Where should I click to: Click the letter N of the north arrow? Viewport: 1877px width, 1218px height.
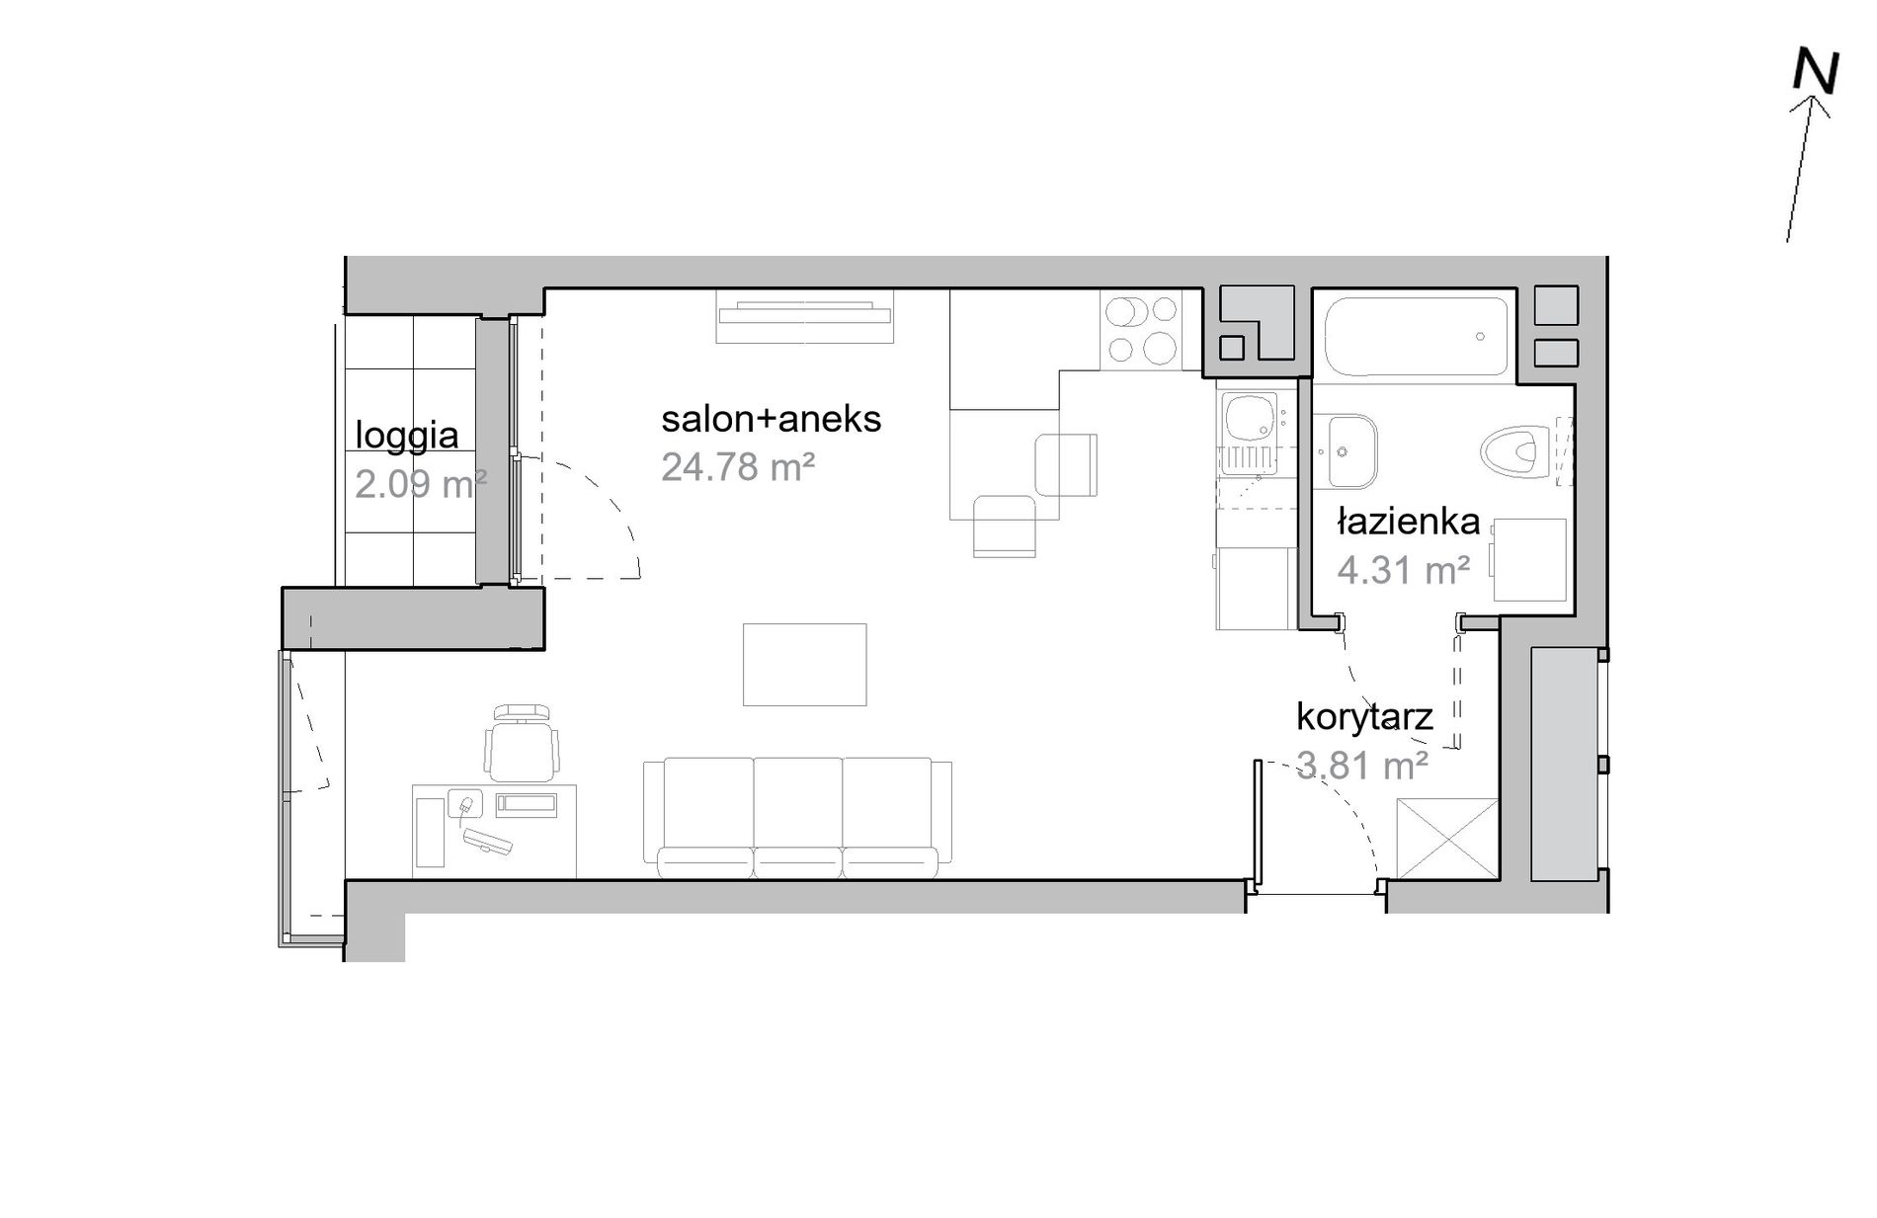tap(1816, 73)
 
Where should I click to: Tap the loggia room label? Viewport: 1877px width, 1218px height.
tap(407, 435)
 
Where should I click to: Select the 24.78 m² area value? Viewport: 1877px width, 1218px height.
tap(738, 466)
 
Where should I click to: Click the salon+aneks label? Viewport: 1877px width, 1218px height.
tap(771, 419)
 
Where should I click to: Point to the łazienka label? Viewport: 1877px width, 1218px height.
tap(1409, 522)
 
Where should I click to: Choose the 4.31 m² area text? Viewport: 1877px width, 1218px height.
tap(1404, 570)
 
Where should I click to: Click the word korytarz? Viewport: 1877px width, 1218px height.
tap(1364, 717)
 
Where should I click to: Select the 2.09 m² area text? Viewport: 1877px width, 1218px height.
tap(421, 484)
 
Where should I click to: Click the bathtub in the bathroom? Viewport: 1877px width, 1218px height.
tap(1416, 336)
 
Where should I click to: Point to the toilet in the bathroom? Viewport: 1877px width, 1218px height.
tap(1517, 451)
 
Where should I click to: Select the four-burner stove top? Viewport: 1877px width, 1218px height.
tap(1141, 329)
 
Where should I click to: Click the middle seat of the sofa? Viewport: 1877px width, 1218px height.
tap(797, 817)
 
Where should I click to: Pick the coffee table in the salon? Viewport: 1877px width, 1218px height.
tap(805, 665)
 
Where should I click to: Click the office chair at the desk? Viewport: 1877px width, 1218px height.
tap(521, 742)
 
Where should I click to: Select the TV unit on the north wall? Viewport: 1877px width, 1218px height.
tap(805, 316)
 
